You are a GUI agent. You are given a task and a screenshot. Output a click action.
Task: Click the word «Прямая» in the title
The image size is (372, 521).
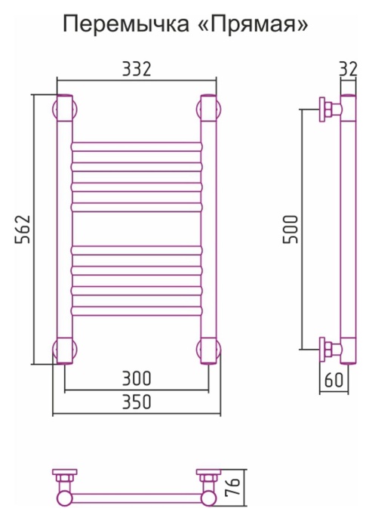click(255, 24)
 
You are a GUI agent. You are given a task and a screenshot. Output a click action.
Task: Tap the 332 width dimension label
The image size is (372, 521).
click(137, 69)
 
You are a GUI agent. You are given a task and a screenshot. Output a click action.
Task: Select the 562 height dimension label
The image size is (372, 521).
click(23, 230)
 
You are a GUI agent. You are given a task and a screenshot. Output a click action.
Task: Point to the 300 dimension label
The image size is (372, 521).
click(137, 378)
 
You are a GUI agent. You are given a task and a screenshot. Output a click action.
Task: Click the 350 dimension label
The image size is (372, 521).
click(137, 402)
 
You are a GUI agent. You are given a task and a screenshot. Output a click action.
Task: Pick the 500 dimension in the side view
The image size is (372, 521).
click(291, 230)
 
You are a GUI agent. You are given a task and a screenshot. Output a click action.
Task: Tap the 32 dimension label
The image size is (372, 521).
click(348, 69)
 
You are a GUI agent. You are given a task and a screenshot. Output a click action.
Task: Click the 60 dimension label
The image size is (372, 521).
click(334, 380)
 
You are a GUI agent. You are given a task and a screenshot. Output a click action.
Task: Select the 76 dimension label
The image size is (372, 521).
click(235, 487)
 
